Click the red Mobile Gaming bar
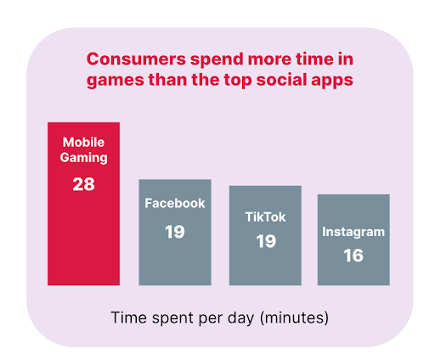[x=83, y=204]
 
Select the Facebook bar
[x=175, y=232]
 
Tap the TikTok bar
[x=265, y=235]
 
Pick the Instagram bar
[x=353, y=239]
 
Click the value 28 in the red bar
[x=83, y=184]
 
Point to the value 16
[x=353, y=256]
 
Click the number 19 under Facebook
[x=175, y=232]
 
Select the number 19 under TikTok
[x=266, y=241]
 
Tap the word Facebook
[x=175, y=203]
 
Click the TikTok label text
[x=265, y=217]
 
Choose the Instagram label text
[x=353, y=232]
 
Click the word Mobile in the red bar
[x=83, y=142]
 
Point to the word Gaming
[x=83, y=158]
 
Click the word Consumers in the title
[x=136, y=59]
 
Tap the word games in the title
[x=116, y=81]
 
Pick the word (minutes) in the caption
[x=295, y=318]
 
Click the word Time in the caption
[x=129, y=318]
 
